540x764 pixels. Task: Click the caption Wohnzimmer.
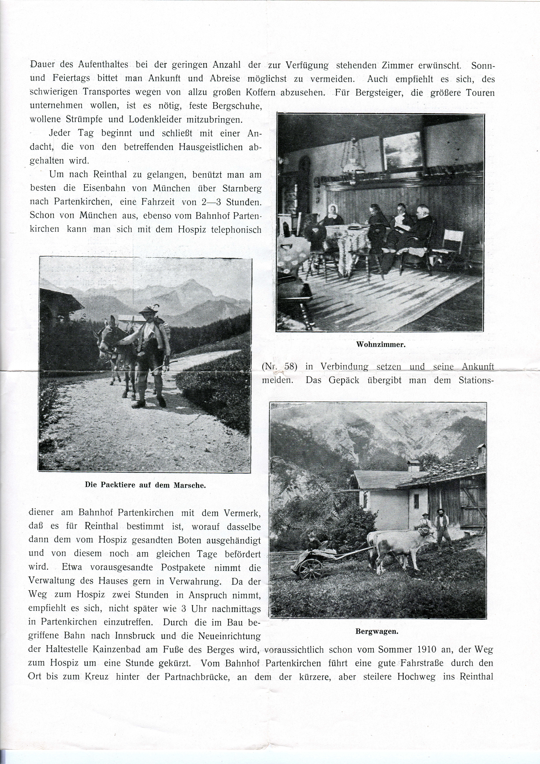click(381, 344)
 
